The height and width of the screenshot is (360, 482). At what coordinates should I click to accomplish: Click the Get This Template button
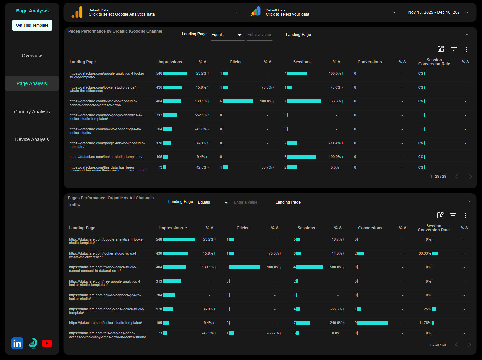coord(32,25)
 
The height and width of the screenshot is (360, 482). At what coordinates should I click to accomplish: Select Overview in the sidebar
coord(32,56)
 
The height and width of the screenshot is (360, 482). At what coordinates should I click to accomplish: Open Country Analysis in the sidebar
coord(32,112)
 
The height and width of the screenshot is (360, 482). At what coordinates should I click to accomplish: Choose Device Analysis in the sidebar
coord(32,139)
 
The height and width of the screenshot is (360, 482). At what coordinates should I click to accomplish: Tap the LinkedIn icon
coord(17,343)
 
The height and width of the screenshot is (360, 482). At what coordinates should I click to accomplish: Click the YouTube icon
coord(47,343)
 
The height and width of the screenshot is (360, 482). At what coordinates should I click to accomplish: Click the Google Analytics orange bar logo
coord(77,12)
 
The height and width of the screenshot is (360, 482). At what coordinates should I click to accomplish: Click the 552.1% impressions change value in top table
coord(201,115)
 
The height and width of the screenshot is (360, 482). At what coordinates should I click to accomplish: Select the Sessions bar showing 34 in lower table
coord(310,267)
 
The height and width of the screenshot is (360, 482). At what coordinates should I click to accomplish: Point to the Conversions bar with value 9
coord(372,323)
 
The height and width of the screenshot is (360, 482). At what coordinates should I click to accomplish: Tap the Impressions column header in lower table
coord(171,228)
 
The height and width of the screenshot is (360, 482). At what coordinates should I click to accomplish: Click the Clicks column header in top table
coord(235,62)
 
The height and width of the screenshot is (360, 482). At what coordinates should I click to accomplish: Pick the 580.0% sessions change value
coord(336,267)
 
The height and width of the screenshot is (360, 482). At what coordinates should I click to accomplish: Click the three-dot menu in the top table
coord(466,49)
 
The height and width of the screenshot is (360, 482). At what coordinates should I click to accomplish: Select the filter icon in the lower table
coord(453,215)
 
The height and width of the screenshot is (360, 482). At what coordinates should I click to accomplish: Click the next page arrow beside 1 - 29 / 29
coord(470,176)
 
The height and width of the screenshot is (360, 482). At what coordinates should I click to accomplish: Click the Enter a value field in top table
coord(259,35)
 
